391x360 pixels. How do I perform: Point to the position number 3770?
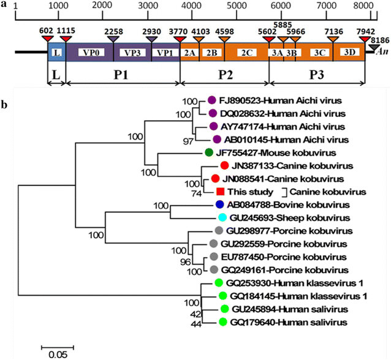[180, 29]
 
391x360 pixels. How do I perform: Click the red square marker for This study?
[219, 192]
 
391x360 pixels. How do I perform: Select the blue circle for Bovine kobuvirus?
[220, 205]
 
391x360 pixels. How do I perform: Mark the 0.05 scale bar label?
[58, 354]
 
